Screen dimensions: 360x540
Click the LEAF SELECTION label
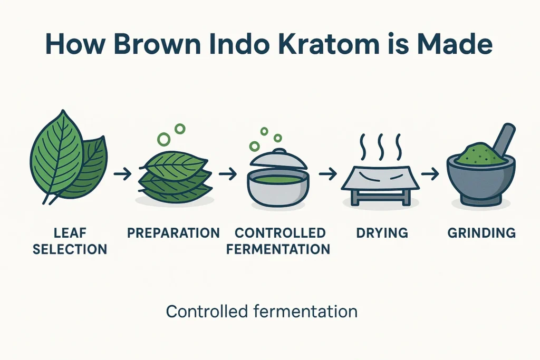tap(70, 241)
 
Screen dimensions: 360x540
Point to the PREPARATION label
tap(173, 233)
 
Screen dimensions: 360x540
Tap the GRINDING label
tap(481, 233)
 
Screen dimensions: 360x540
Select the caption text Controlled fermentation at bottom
tap(262, 311)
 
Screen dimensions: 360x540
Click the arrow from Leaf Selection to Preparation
tap(122, 174)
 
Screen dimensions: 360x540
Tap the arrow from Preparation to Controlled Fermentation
tap(228, 174)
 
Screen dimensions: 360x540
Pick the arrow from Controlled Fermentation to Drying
tap(327, 174)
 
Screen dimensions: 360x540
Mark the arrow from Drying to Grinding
tap(431, 174)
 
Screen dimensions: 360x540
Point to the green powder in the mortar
tap(474, 154)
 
